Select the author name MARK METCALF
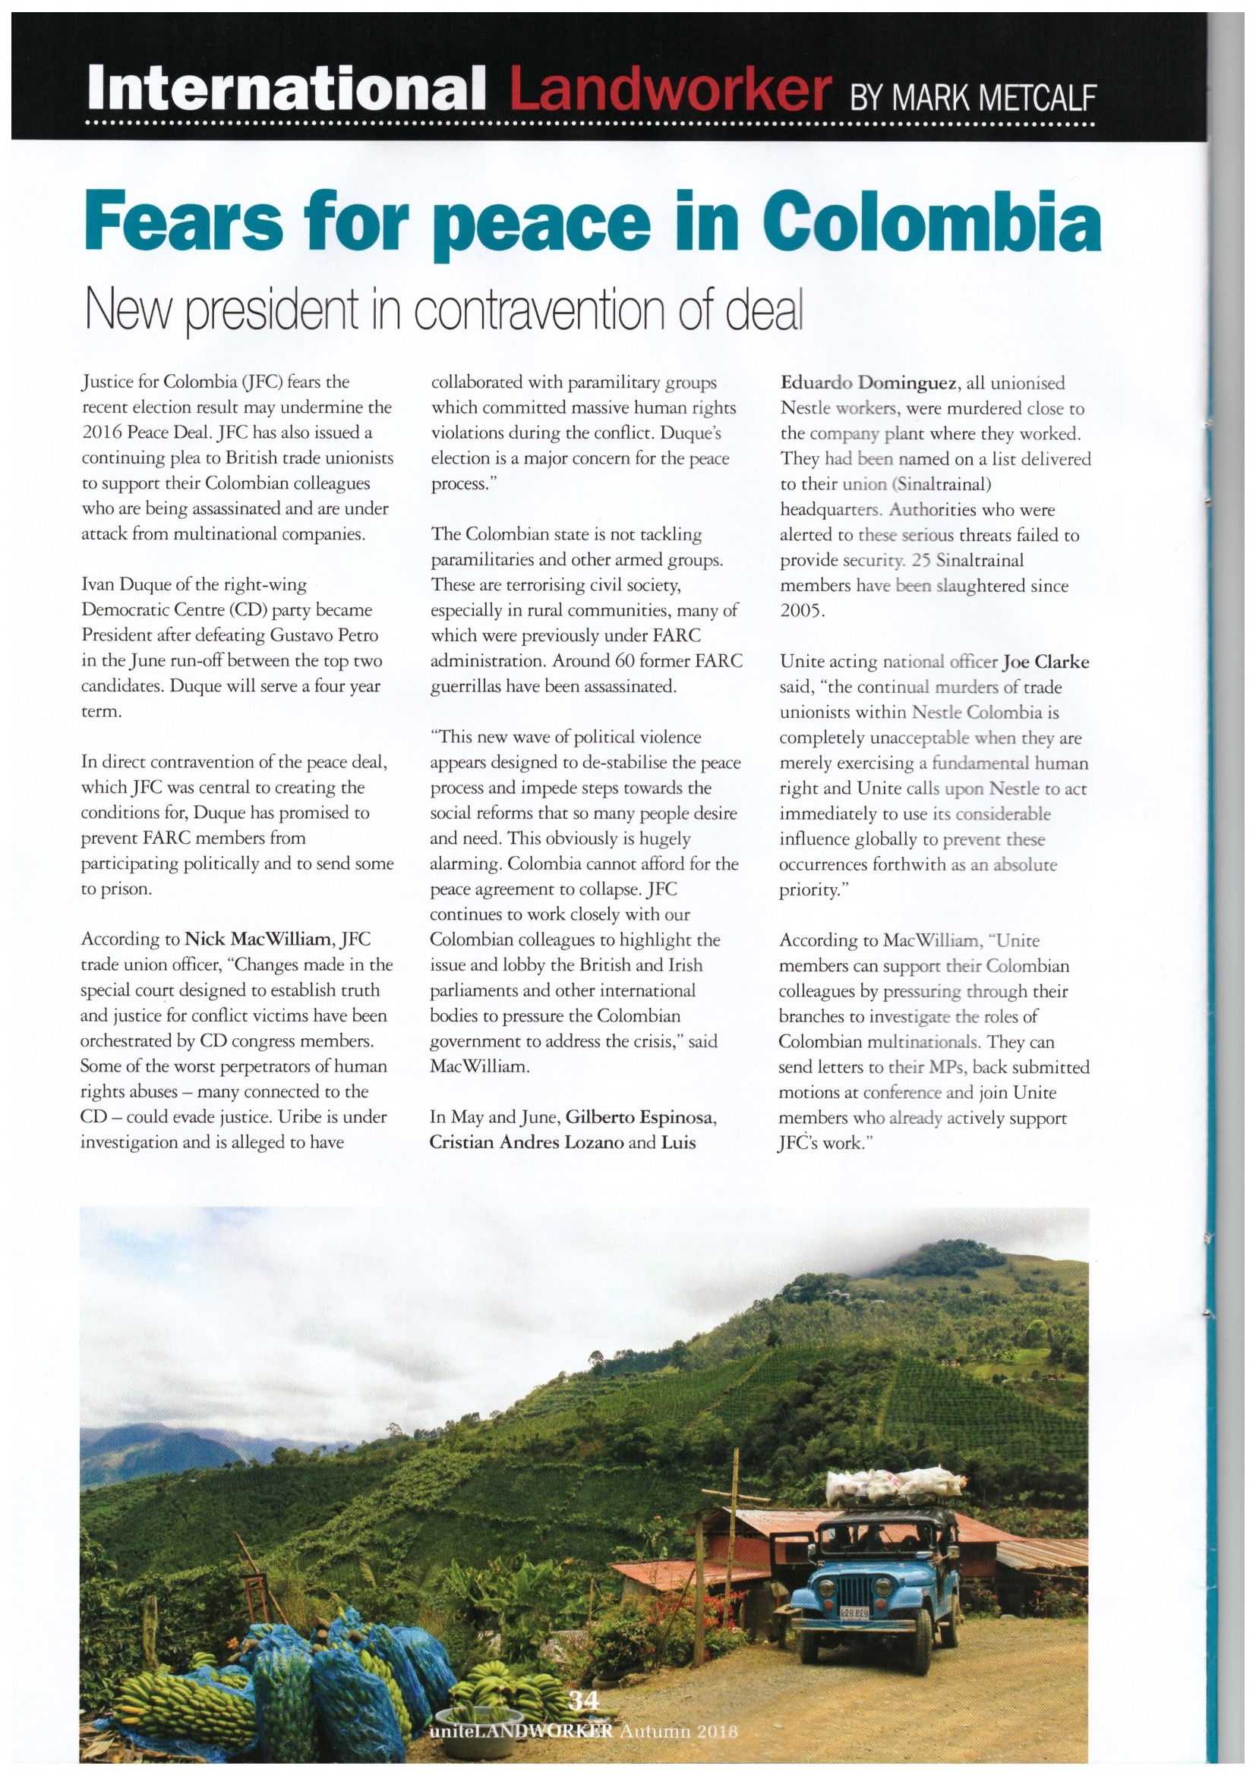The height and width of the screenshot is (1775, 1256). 973,98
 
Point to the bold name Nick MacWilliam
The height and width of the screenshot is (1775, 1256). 257,939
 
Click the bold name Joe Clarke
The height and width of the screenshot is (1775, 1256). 1046,662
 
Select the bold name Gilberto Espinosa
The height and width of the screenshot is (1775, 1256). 640,1117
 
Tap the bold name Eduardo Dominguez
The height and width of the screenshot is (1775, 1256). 869,382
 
